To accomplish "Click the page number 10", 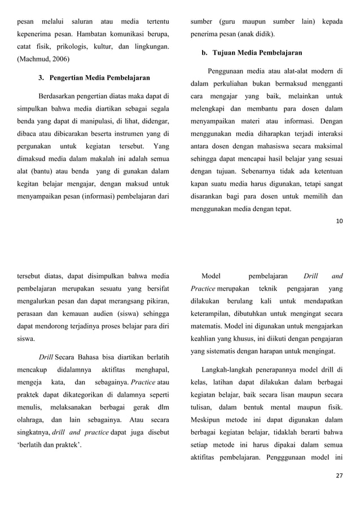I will point(339,220).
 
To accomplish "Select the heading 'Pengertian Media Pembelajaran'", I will point(94,77).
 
